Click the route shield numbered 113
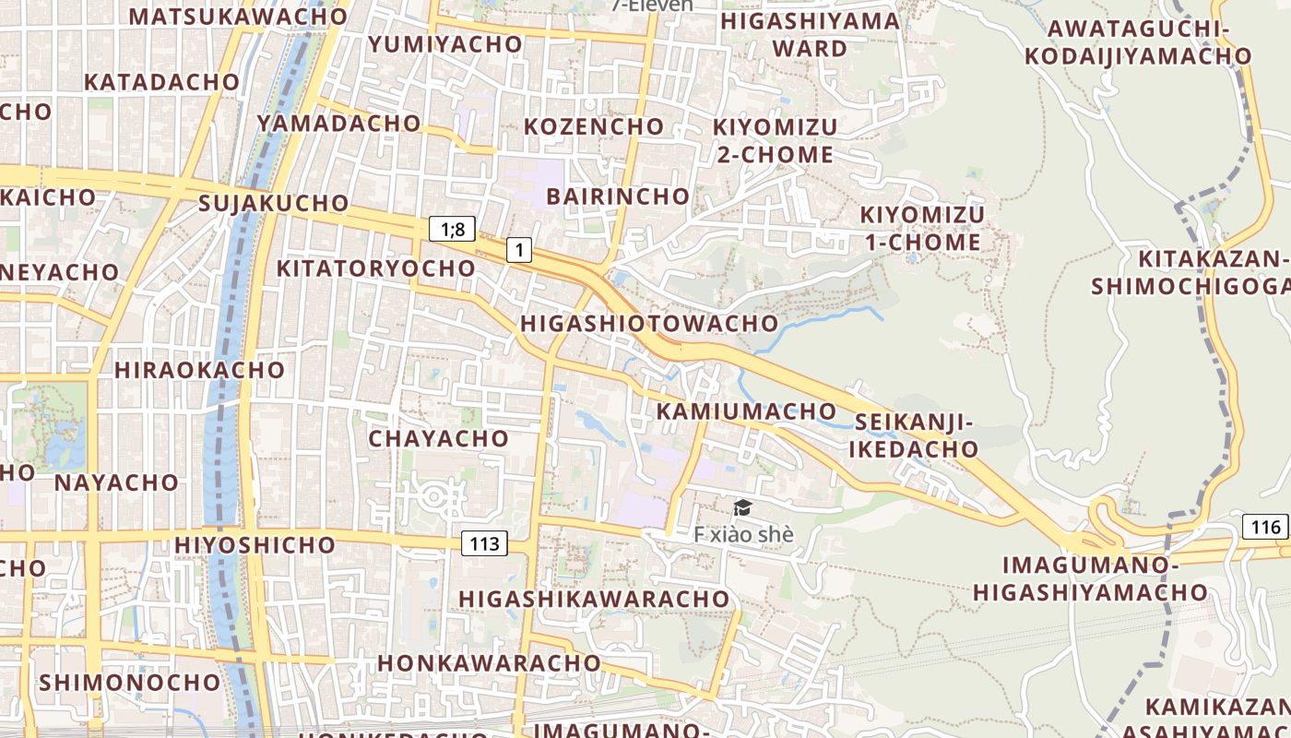tap(484, 543)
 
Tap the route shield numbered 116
tap(1267, 527)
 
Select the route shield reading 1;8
tap(452, 229)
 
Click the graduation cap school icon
tap(742, 507)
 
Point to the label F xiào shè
tap(743, 534)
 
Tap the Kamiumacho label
tap(745, 411)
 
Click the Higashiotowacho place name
tap(649, 323)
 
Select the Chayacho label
tap(438, 438)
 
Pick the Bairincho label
tap(618, 196)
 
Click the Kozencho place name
tap(594, 125)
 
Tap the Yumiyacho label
tap(445, 43)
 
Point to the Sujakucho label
tap(274, 203)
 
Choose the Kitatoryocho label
tap(376, 268)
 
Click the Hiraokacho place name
tap(199, 370)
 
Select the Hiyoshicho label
tap(255, 544)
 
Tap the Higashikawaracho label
tap(594, 599)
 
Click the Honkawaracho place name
tap(489, 662)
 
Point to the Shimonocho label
tap(129, 683)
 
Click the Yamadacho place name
tap(338, 123)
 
